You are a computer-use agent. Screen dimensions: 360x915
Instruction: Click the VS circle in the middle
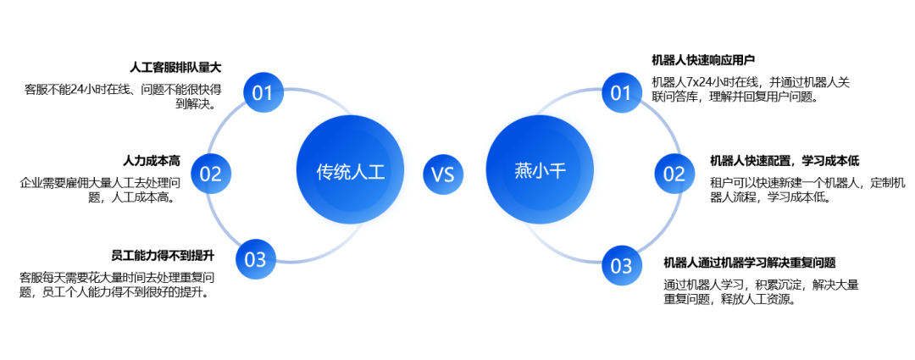pyautogui.click(x=443, y=174)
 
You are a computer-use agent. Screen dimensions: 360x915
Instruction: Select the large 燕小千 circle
pyautogui.click(x=540, y=171)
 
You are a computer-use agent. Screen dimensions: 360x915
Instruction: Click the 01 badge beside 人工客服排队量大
pyautogui.click(x=263, y=92)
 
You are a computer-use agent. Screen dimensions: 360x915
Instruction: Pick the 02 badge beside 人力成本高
pyautogui.click(x=211, y=174)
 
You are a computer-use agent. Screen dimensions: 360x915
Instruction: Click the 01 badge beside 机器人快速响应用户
pyautogui.click(x=622, y=92)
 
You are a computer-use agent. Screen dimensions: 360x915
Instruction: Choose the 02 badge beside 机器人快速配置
pyautogui.click(x=674, y=174)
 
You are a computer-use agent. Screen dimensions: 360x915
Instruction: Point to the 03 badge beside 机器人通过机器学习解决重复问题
pyautogui.click(x=622, y=266)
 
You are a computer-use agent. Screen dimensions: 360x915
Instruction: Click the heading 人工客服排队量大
pyautogui.click(x=175, y=66)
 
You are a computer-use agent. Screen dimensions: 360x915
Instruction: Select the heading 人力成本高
pyautogui.click(x=152, y=160)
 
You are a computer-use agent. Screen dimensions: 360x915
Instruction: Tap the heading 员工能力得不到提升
pyautogui.click(x=163, y=255)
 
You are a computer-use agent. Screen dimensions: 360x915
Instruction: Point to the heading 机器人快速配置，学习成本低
pyautogui.click(x=785, y=161)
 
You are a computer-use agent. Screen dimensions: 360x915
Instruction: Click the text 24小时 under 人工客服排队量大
pyautogui.click(x=97, y=88)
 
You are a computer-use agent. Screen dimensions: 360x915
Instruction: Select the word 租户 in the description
pyautogui.click(x=720, y=182)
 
